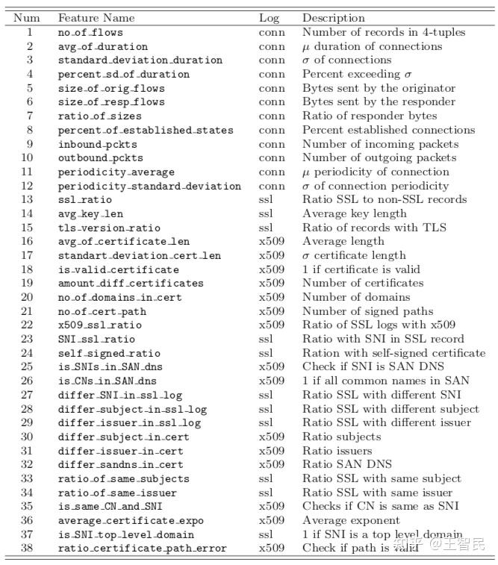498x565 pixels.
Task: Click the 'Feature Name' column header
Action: [x=96, y=18]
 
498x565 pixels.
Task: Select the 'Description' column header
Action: [x=334, y=18]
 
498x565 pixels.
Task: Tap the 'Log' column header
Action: [x=269, y=18]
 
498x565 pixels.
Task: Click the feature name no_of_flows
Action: [x=90, y=32]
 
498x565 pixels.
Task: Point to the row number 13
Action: [x=30, y=199]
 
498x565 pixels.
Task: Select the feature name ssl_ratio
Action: [x=84, y=199]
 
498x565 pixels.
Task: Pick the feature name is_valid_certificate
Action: [x=119, y=269]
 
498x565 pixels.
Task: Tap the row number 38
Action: [x=30, y=548]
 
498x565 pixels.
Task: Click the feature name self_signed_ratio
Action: [x=109, y=353]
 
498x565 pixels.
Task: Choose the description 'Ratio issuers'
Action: [x=337, y=451]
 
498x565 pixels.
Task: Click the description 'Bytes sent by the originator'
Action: [x=379, y=88]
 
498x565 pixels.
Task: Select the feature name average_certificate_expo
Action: [x=131, y=520]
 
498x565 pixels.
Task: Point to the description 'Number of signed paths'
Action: [x=367, y=311]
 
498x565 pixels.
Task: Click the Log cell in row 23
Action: [x=267, y=339]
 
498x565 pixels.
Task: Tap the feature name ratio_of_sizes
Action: [x=99, y=116]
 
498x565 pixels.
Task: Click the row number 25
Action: [x=30, y=366]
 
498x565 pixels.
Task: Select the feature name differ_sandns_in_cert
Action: [x=120, y=464]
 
